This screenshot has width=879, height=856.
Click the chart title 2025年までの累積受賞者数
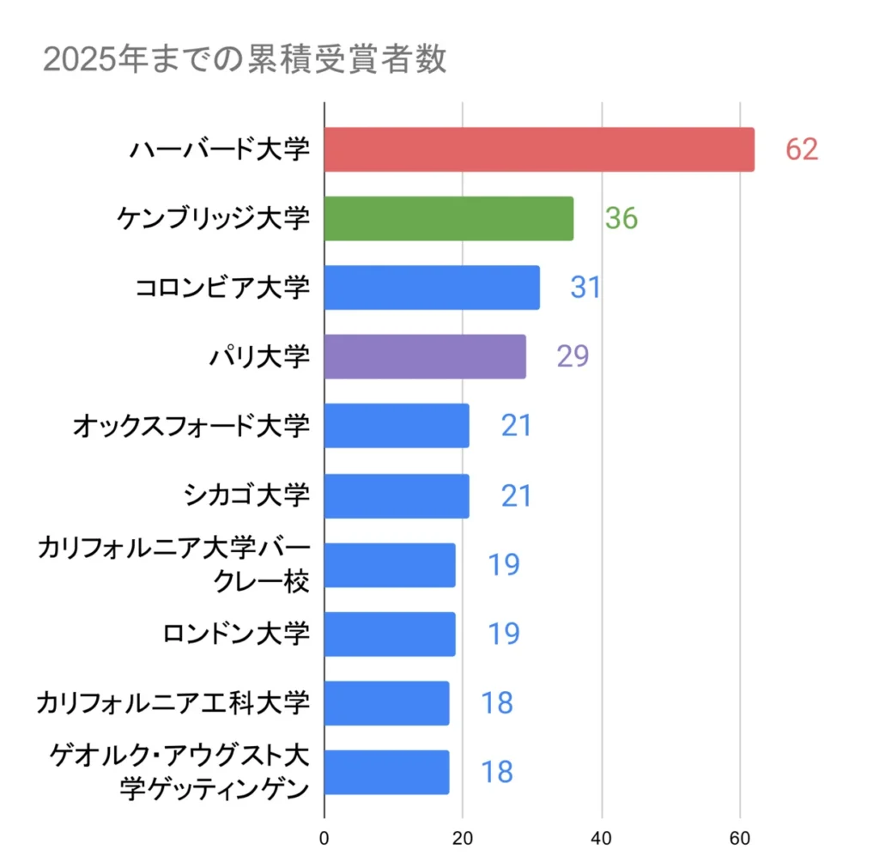(244, 61)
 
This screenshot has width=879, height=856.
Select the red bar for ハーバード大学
(539, 149)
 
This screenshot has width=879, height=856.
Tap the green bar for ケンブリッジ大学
(448, 218)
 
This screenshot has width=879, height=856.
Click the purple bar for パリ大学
(425, 356)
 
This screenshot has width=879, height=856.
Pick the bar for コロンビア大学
(432, 288)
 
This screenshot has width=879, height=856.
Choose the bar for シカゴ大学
(397, 495)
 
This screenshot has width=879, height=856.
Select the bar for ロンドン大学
(390, 634)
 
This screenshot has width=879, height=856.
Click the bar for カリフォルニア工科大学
(386, 702)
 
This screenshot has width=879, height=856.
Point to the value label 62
(802, 149)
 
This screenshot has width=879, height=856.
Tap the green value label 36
(621, 218)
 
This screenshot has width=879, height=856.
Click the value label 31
(585, 288)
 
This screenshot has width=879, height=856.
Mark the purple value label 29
(573, 356)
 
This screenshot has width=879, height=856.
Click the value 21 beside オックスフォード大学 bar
(517, 426)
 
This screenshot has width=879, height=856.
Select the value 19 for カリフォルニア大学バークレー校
(504, 565)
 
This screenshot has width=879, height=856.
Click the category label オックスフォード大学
(191, 426)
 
